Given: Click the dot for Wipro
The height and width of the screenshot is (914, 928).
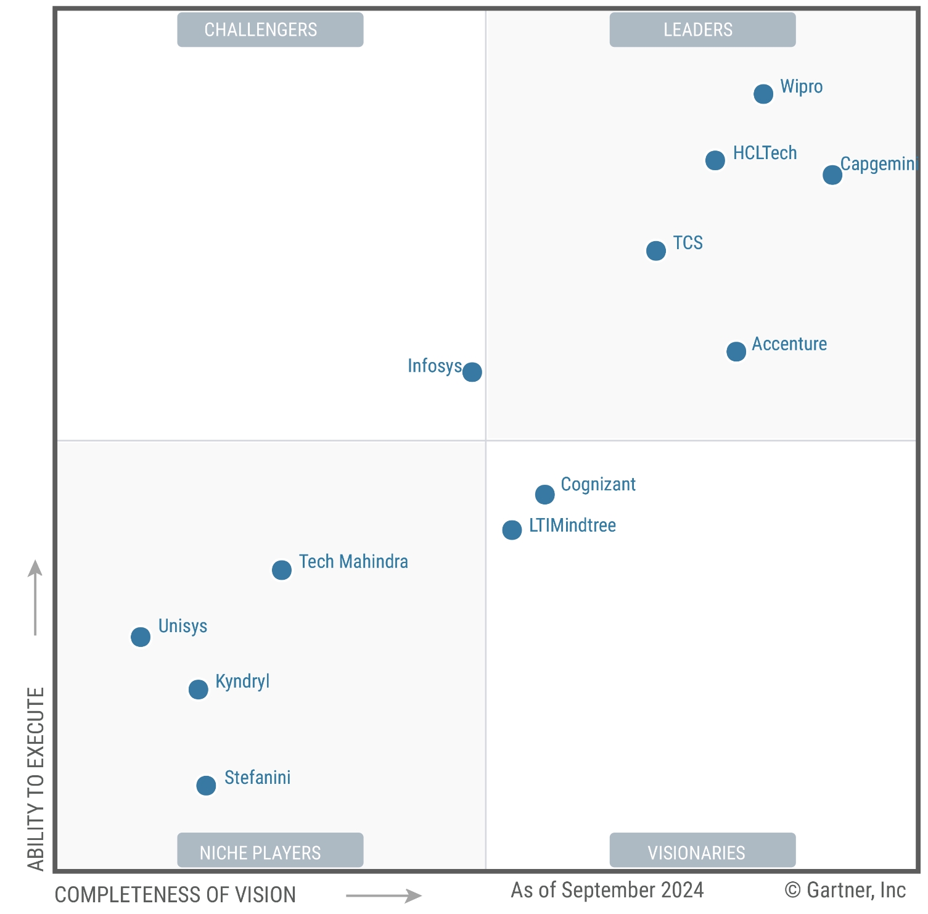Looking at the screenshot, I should [763, 94].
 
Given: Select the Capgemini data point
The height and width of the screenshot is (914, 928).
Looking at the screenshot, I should [832, 175].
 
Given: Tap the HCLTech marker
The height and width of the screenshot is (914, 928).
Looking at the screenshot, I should [715, 160].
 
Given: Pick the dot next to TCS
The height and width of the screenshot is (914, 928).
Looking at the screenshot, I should [656, 250].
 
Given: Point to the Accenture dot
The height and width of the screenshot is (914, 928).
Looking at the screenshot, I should [736, 352].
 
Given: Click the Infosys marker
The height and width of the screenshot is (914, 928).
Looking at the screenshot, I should [472, 372].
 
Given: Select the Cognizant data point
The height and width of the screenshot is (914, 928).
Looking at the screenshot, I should [545, 494].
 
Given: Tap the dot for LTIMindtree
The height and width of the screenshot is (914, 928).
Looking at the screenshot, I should [512, 530].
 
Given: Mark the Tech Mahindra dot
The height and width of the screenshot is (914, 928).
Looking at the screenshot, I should [282, 570].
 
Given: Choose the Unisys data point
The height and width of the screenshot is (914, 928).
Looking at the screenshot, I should [141, 636].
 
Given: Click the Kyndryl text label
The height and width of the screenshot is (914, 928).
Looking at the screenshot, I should [242, 681].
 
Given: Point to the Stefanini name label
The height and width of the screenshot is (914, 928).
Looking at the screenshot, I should [257, 778].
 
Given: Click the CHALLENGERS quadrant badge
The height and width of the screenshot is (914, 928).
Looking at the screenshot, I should [270, 30].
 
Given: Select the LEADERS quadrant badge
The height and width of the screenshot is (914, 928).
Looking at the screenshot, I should [702, 30].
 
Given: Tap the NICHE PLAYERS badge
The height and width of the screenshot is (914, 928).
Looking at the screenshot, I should [270, 852].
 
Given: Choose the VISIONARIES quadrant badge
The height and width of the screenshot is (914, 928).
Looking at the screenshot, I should [702, 852].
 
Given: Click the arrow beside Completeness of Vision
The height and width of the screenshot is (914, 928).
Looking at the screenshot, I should [384, 895].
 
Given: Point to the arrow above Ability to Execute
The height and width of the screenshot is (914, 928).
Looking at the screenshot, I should [35, 596].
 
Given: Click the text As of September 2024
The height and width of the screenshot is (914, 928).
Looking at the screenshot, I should [607, 890].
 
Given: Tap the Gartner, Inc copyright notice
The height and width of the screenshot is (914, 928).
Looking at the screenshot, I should [845, 890].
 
